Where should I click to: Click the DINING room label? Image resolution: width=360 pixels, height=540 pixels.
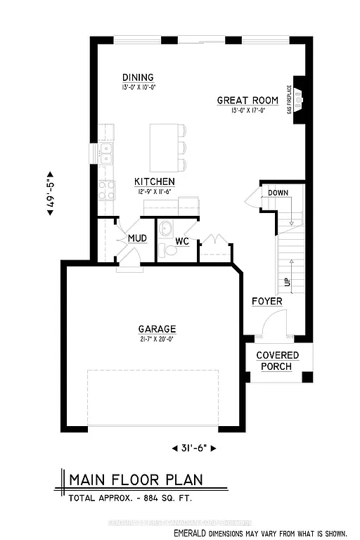point(137,77)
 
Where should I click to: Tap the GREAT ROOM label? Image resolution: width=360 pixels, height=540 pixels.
point(245,101)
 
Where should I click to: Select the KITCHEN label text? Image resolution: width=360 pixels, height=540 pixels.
point(155,181)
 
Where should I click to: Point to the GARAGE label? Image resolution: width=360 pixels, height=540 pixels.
point(157,328)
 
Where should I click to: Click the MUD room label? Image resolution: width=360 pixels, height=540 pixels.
point(137,239)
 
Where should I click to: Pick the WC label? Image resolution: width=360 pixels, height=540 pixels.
point(182,241)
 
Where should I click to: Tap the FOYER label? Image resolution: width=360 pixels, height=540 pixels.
point(267,301)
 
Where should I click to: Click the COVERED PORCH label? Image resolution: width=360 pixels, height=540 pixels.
point(276,361)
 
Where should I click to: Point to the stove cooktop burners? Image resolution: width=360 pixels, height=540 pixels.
point(107,188)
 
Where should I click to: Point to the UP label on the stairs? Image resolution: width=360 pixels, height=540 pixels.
point(286,281)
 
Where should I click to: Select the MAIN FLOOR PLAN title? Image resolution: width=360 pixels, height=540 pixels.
point(135,480)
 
